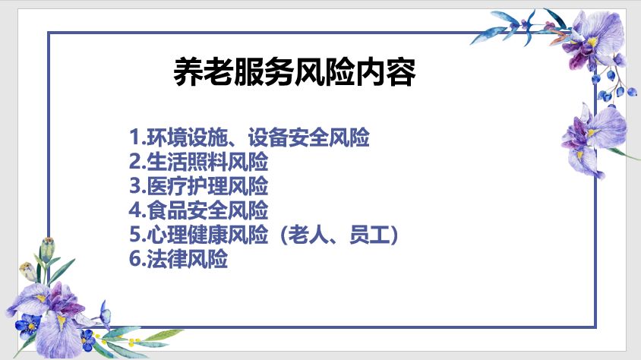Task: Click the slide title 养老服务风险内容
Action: pos(295,72)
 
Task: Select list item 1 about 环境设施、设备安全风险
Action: pos(249,137)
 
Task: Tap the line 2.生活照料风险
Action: pos(199,162)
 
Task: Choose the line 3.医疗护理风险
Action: pos(199,186)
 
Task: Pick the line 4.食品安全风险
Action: pos(199,210)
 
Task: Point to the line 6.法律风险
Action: pos(178,259)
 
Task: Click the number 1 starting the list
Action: pos(135,137)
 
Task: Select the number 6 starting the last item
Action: pos(135,259)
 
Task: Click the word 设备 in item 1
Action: pos(268,137)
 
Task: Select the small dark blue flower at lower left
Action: pos(28,323)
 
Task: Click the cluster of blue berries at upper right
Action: pos(613,88)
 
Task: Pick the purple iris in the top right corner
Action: pos(594,40)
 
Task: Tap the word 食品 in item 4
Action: pos(167,210)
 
